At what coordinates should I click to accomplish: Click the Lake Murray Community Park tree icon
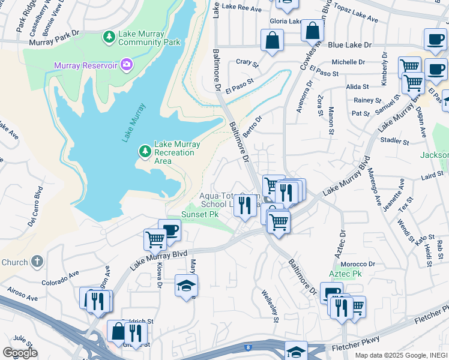point(109,38)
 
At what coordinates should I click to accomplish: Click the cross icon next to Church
point(37,262)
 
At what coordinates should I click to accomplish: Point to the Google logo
point(20,353)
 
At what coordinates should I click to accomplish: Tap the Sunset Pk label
point(200,214)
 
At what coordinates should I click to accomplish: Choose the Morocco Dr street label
point(357,264)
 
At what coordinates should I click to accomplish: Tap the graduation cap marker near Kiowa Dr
point(186,286)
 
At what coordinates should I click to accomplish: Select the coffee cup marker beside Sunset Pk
point(169,230)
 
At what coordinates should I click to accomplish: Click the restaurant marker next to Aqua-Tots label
point(244,205)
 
